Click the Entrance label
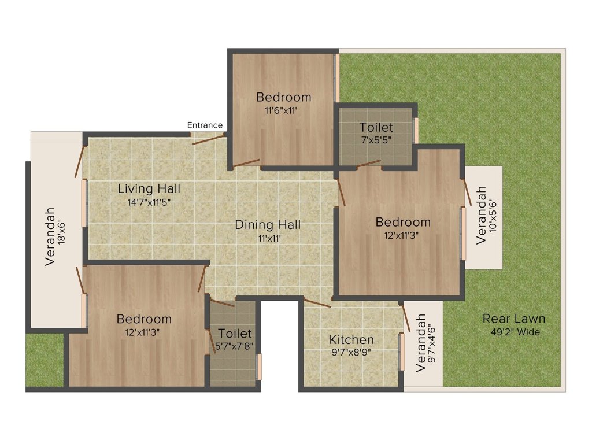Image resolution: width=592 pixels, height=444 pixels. pos(205,125)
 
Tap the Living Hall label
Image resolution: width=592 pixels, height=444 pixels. pos(149,188)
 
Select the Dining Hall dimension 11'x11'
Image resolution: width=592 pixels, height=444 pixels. pos(269,239)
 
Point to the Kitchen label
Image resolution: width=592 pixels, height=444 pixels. pos(351,339)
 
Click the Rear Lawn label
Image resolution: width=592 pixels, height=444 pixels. pos(514,319)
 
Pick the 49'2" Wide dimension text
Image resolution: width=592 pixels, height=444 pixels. pos(515,332)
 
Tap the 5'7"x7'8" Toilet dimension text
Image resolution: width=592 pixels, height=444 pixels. pos(234,346)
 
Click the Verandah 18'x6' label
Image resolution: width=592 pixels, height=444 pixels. pos(55,236)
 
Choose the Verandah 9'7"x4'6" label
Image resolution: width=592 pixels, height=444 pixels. pos(426,343)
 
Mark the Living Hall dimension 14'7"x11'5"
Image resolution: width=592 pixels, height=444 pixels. pos(149,202)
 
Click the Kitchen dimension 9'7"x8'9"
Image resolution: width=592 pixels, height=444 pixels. pos(351,353)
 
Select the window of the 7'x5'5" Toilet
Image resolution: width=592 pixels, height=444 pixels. pos(416,131)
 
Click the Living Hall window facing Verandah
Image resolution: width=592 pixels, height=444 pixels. pos(84,203)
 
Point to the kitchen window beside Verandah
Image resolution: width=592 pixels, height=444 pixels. pos(402,352)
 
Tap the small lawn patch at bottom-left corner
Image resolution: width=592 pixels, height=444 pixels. pos(45,360)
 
